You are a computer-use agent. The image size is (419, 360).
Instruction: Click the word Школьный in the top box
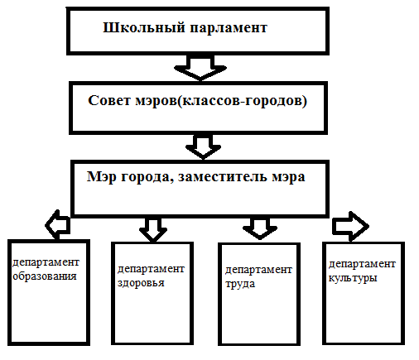click(143, 28)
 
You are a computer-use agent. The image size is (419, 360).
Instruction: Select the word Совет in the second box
click(109, 100)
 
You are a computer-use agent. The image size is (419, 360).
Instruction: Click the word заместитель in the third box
click(223, 177)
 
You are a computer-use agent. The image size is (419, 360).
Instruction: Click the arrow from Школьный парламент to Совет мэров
click(200, 68)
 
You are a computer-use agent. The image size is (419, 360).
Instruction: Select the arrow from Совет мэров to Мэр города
click(203, 146)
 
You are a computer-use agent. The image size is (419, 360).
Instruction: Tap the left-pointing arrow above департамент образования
click(58, 224)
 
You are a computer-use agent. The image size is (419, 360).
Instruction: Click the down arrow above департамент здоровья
click(153, 229)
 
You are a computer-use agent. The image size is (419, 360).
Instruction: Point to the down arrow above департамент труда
click(260, 228)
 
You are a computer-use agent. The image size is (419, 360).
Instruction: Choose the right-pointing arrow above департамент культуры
click(350, 226)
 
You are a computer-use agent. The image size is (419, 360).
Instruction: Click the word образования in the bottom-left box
click(45, 276)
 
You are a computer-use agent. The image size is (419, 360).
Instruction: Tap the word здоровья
click(141, 283)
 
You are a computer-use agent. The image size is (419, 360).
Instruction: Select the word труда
click(240, 284)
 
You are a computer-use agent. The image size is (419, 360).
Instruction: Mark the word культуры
click(353, 278)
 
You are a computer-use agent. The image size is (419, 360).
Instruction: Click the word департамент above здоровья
click(151, 269)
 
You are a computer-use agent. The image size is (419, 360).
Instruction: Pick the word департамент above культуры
click(362, 265)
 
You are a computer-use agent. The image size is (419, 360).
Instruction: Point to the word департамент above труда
click(258, 271)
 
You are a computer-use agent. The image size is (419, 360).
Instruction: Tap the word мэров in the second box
click(156, 101)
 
